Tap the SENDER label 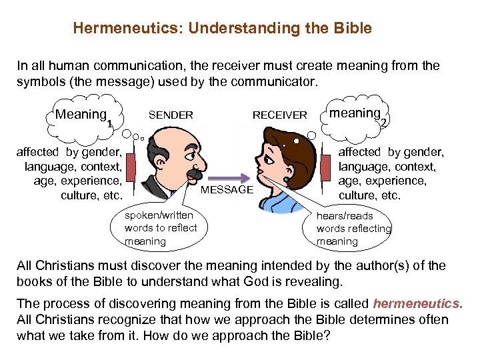pos(171,115)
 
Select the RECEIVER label pos(279,115)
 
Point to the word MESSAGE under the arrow pos(227,190)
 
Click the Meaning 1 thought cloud pos(83,116)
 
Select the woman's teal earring pos(287,181)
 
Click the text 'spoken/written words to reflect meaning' pos(161,228)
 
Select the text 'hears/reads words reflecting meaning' pos(353,229)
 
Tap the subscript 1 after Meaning pos(109,123)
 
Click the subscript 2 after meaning pos(384,123)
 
